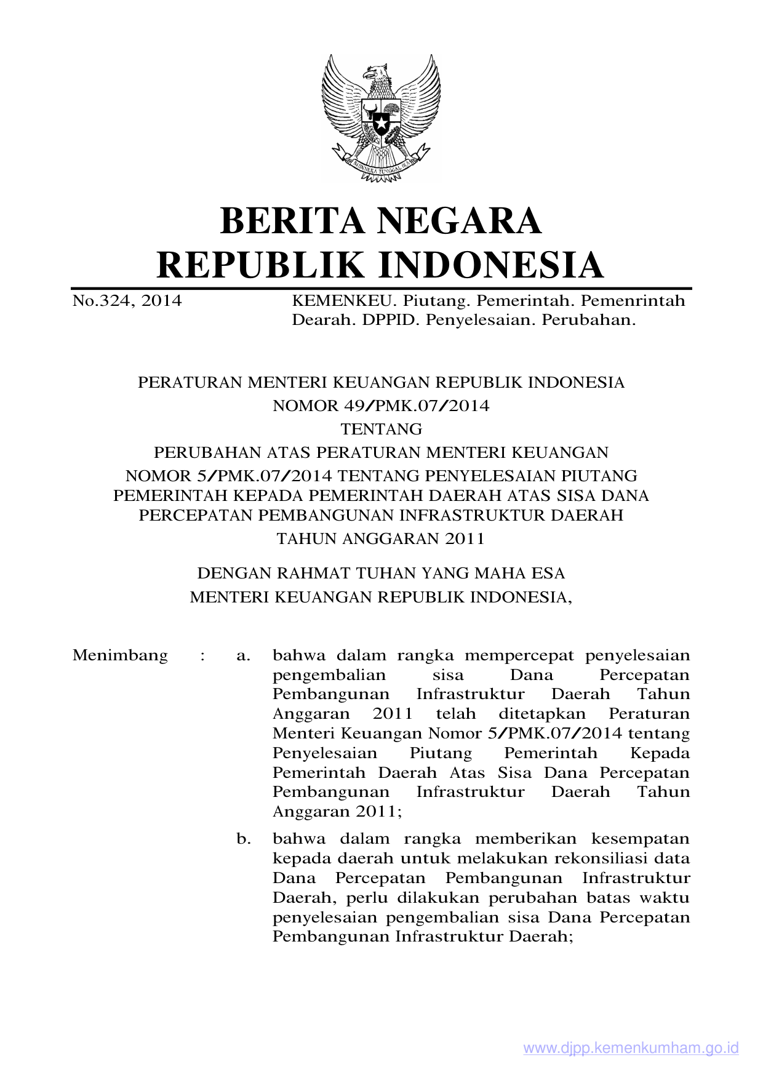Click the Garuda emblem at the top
[x=381, y=117]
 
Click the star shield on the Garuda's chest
[x=381, y=119]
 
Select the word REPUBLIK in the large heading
[x=261, y=265]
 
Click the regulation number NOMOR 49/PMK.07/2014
[x=381, y=406]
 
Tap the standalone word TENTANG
[x=381, y=429]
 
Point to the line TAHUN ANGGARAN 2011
[x=381, y=539]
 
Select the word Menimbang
[x=120, y=655]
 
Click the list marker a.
[x=243, y=656]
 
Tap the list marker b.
[x=244, y=839]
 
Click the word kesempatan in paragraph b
[x=641, y=839]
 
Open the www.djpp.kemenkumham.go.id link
[x=631, y=1049]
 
